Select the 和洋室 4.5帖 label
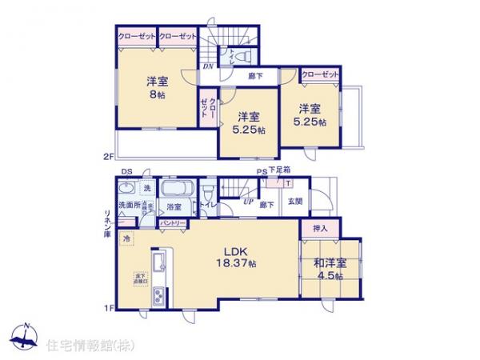pos(329,268)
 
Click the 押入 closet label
pos(320,228)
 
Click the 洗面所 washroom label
pos(128,205)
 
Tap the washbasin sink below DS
pos(126,189)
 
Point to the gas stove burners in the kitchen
pos(158,296)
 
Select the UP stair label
pos(249,201)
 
